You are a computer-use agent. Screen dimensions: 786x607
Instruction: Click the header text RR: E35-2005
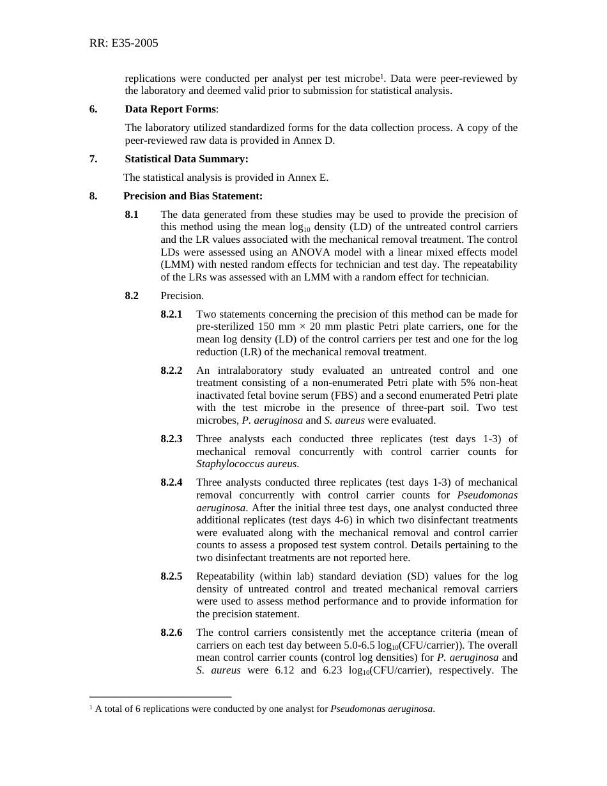123,43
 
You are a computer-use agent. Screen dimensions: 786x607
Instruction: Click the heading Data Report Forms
170,109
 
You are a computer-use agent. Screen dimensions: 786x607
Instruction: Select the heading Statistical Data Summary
186,158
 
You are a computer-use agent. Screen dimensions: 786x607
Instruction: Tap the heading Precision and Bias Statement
192,196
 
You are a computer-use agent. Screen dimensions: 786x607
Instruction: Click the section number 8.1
132,214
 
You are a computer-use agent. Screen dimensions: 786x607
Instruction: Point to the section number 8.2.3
171,438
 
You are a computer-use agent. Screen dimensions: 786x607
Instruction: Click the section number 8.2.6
171,632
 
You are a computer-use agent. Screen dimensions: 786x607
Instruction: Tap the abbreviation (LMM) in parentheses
176,265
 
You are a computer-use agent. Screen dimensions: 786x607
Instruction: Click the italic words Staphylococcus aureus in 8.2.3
247,464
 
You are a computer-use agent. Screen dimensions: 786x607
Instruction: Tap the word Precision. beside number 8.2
182,295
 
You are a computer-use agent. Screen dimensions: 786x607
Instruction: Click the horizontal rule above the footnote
160,697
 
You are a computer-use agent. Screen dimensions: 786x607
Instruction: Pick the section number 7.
93,158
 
